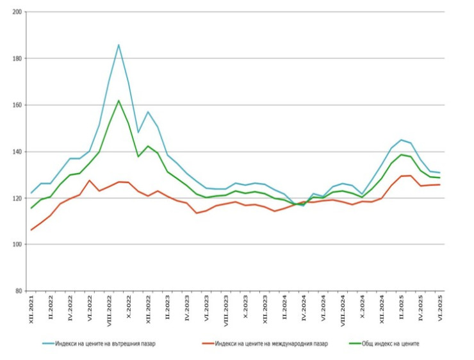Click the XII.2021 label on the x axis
pos(31,309)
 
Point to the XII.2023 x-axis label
pos(265,309)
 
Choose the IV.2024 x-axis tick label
pos(304,308)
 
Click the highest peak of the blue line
pos(118,45)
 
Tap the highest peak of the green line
pos(118,101)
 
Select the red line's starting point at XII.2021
pos(31,230)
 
